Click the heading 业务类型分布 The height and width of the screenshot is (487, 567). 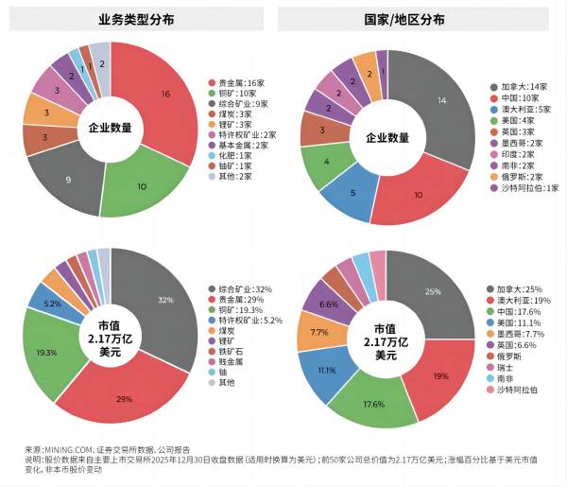point(141,20)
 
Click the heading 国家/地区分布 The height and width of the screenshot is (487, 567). point(419,20)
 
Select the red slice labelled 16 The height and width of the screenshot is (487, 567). point(164,95)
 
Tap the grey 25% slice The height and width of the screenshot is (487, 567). point(433,292)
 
